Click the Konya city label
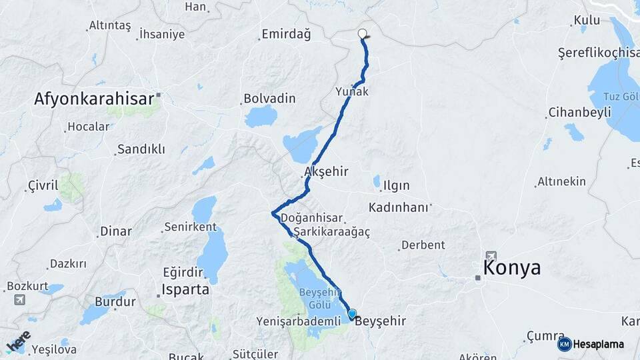pyautogui.click(x=512, y=268)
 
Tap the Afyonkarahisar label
pyautogui.click(x=95, y=99)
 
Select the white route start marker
pyautogui.click(x=363, y=33)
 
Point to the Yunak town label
pyautogui.click(x=352, y=92)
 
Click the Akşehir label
pyautogui.click(x=326, y=172)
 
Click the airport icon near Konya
pyautogui.click(x=491, y=255)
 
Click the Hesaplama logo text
pyautogui.click(x=598, y=345)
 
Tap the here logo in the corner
pyautogui.click(x=19, y=341)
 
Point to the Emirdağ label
pyautogui.click(x=287, y=35)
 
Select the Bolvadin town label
pyautogui.click(x=269, y=99)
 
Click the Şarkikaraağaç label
pyautogui.click(x=331, y=231)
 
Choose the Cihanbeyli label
pyautogui.click(x=579, y=112)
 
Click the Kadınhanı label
pyautogui.click(x=398, y=207)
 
